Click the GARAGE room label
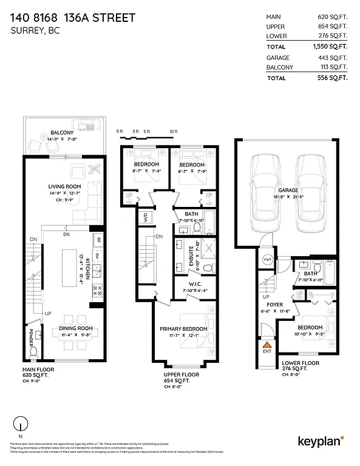point(289,190)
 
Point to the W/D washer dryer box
point(146,217)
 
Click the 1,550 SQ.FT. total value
point(330,46)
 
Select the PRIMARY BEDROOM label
point(183,328)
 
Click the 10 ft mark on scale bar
point(174,132)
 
